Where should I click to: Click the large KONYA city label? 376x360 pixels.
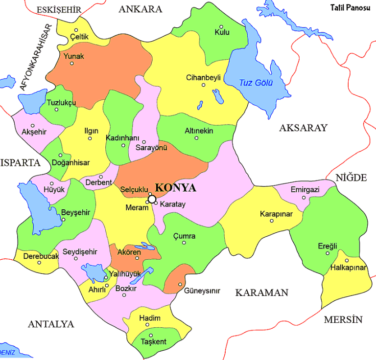coord(175,188)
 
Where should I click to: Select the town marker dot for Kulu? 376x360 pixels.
coord(221,27)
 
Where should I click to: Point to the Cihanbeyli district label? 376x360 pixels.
coord(204,77)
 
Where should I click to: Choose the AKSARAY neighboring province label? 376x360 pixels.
coord(303,128)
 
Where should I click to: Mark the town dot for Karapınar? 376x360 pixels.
coord(272,221)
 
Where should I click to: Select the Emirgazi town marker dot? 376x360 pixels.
coord(304,198)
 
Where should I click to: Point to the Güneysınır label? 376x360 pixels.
coord(202,291)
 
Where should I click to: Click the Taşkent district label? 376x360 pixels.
coord(153,341)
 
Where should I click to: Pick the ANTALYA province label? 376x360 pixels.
coord(51,324)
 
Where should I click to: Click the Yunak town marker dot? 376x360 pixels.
coord(71,63)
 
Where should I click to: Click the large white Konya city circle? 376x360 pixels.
coord(152,199)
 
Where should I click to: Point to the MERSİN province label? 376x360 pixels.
coord(343,320)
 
